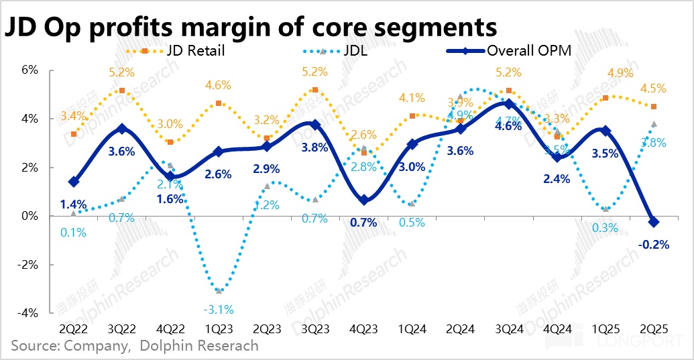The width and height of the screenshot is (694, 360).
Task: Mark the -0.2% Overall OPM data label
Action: pyautogui.click(x=654, y=245)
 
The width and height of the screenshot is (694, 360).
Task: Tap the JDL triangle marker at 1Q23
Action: pyautogui.click(x=219, y=290)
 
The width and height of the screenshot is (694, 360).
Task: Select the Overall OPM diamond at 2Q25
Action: pyautogui.click(x=654, y=222)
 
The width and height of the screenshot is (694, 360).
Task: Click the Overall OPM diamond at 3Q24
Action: pyautogui.click(x=510, y=104)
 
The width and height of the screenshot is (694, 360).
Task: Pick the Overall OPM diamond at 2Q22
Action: pyautogui.click(x=74, y=182)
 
